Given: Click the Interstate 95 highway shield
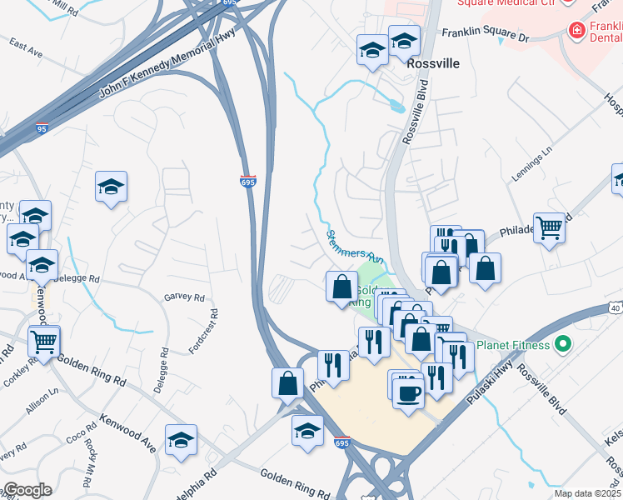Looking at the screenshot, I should [42, 128].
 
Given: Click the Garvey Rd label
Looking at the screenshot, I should [184, 297].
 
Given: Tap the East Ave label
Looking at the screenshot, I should [26, 52].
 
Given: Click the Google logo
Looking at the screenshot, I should [27, 490].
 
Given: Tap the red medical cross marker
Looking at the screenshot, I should [575, 31].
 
